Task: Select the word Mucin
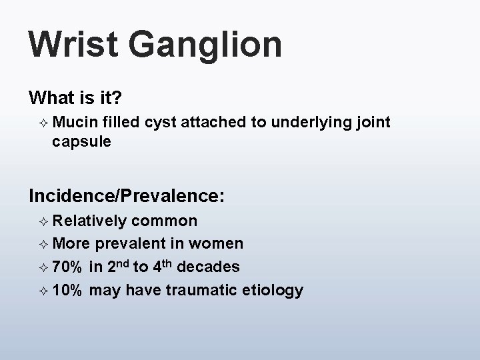(x=75, y=122)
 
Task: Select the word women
(x=219, y=244)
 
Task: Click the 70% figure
(x=67, y=267)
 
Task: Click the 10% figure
(x=67, y=291)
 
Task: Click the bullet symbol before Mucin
(x=43, y=123)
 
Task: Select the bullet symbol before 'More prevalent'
(x=43, y=245)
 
